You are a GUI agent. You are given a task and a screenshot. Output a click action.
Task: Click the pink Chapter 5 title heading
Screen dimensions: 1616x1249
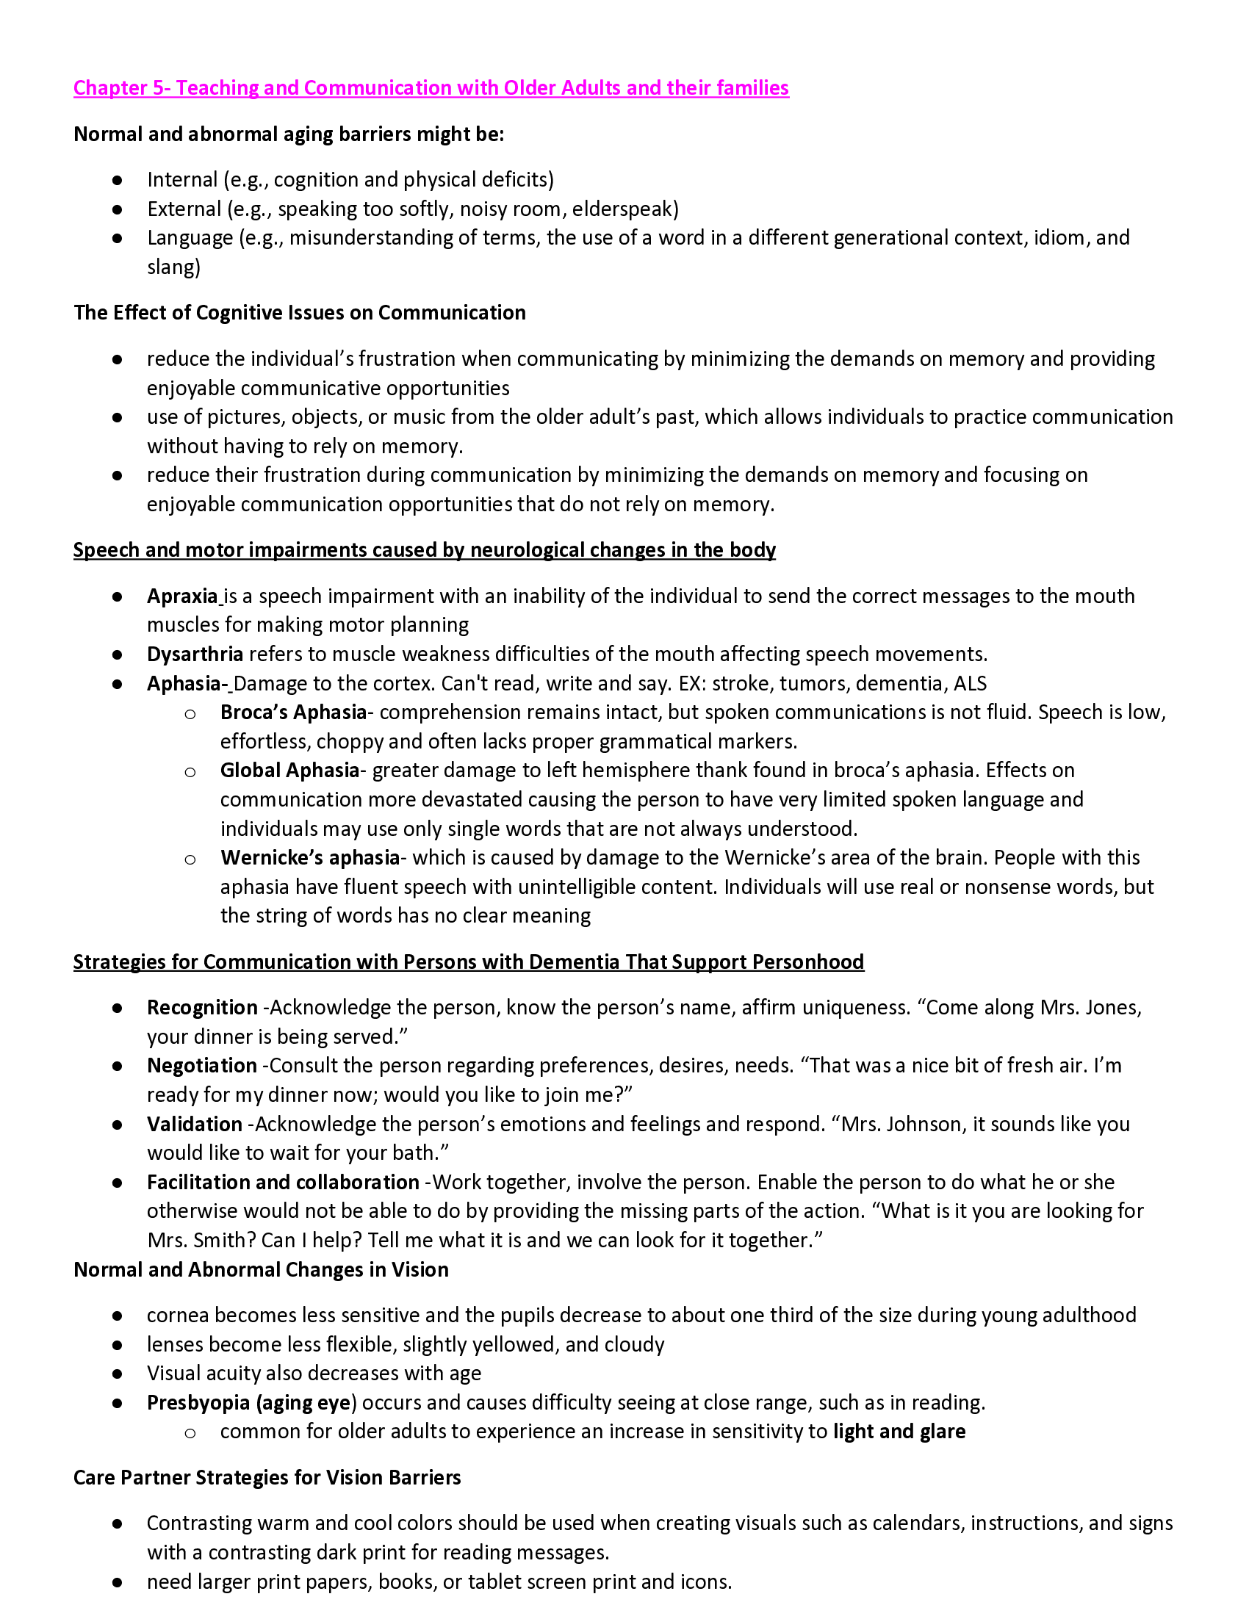(x=431, y=88)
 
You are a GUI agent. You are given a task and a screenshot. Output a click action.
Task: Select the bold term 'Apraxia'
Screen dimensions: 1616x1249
(x=182, y=596)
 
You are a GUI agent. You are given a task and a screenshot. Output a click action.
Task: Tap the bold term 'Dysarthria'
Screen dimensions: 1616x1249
(x=195, y=654)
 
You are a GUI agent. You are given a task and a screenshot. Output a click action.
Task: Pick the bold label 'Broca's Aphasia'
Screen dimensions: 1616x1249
(x=293, y=713)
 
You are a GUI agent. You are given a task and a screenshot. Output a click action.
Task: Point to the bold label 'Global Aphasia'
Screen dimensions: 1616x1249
(x=289, y=771)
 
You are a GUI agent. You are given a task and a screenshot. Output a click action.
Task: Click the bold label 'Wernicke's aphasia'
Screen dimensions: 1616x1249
(x=309, y=858)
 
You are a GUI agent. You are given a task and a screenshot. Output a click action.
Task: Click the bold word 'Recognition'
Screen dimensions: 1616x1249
(x=202, y=1009)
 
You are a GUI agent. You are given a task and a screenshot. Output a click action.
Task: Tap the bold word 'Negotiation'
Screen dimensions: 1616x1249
(x=201, y=1067)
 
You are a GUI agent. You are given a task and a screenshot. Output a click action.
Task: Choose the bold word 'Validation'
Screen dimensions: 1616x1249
(x=194, y=1125)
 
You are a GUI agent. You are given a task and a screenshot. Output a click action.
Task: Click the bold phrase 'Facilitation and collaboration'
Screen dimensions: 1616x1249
(x=283, y=1183)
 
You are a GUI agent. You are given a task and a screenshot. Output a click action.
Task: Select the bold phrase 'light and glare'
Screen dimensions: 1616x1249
(x=899, y=1432)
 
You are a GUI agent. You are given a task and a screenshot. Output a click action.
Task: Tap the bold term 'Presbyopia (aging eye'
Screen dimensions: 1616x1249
(x=248, y=1403)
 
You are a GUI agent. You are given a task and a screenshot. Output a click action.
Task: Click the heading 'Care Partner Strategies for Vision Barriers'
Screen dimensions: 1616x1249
(x=267, y=1478)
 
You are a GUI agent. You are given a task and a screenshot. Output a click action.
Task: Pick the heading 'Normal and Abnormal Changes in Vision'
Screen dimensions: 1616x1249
(x=261, y=1270)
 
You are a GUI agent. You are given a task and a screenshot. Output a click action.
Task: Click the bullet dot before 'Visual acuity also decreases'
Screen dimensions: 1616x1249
(x=117, y=1374)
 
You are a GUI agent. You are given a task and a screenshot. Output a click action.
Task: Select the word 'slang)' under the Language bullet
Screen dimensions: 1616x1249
(x=173, y=267)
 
